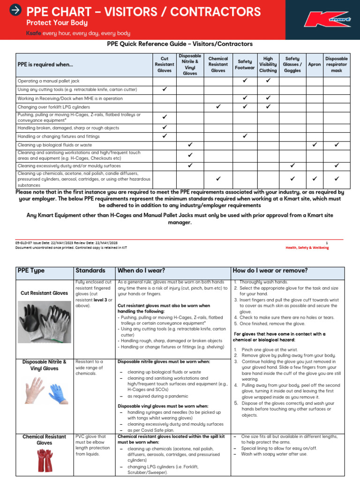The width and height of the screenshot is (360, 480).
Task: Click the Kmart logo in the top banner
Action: [x=326, y=19]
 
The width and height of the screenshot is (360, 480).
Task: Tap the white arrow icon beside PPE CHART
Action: [x=15, y=10]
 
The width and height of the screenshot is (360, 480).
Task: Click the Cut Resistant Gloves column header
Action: [x=165, y=65]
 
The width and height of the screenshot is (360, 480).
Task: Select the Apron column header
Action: [x=315, y=65]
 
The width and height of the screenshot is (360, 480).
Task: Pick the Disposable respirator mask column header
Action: [x=337, y=65]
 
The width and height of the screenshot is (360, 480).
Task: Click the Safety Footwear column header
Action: [x=245, y=65]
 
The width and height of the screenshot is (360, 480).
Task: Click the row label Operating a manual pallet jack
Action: [x=48, y=81]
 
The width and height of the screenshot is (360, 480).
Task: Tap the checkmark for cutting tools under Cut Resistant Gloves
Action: [x=165, y=89]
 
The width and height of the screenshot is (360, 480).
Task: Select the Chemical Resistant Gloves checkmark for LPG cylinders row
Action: [x=218, y=107]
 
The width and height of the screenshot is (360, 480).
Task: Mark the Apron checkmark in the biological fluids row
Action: [x=315, y=145]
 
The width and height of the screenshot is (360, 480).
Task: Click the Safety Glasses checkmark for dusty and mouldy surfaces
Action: [x=292, y=165]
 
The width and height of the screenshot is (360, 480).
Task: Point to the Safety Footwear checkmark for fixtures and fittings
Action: [x=245, y=136]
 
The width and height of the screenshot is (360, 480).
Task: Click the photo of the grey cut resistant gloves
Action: [x=45, y=322]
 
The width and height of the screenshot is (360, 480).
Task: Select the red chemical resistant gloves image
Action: [x=45, y=460]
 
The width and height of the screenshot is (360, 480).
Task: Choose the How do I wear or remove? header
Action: [x=270, y=271]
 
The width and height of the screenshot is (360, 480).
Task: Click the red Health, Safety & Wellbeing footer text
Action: [x=307, y=247]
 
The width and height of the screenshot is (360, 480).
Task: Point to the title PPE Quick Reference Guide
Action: [x=180, y=44]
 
